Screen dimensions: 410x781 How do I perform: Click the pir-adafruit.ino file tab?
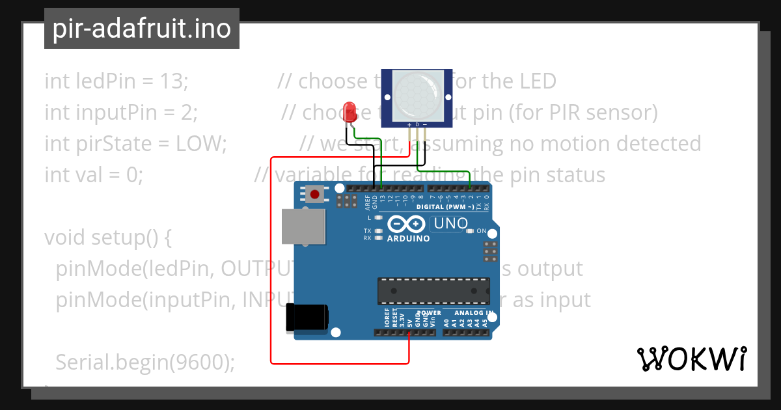(142, 29)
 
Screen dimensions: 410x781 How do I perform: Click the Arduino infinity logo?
(408, 225)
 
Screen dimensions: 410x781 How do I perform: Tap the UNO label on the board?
(449, 224)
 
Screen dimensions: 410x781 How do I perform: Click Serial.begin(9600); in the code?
(145, 362)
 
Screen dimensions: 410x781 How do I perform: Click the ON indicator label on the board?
(482, 231)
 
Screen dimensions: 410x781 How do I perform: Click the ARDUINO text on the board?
(408, 238)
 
